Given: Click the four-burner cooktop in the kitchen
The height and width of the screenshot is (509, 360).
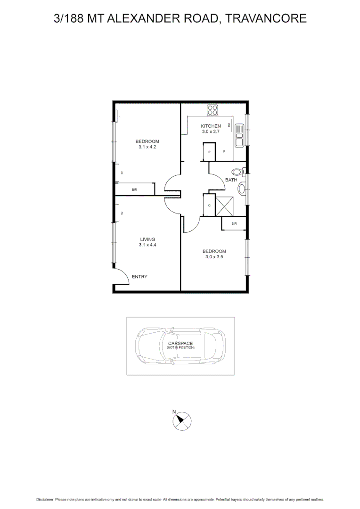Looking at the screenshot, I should pyautogui.click(x=213, y=110).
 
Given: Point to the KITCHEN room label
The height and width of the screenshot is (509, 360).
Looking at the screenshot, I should pyautogui.click(x=211, y=126).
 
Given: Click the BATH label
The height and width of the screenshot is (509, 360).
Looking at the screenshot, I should pyautogui.click(x=231, y=180).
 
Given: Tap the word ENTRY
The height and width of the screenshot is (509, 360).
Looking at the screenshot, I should pyautogui.click(x=139, y=277).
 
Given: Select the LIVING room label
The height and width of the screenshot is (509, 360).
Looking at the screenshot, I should pyautogui.click(x=147, y=239).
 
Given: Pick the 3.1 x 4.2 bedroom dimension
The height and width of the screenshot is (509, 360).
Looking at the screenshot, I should pyautogui.click(x=147, y=147).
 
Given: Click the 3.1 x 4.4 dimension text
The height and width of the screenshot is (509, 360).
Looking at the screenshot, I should pyautogui.click(x=147, y=245).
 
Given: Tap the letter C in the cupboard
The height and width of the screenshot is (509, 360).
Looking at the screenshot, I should pyautogui.click(x=209, y=205).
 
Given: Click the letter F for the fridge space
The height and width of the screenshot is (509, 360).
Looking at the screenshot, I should pyautogui.click(x=224, y=152).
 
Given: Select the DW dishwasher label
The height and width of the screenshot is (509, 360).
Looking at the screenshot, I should pyautogui.click(x=229, y=125).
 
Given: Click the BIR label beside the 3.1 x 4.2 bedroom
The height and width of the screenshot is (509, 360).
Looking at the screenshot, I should pyautogui.click(x=134, y=189).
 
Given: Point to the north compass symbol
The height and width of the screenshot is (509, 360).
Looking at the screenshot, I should pyautogui.click(x=182, y=419).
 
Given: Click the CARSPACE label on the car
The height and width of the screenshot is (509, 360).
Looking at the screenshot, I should pyautogui.click(x=180, y=343).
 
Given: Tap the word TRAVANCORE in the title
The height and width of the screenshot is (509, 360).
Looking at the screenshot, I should pyautogui.click(x=266, y=18).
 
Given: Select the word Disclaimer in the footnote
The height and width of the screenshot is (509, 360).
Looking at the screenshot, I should pyautogui.click(x=45, y=500).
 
